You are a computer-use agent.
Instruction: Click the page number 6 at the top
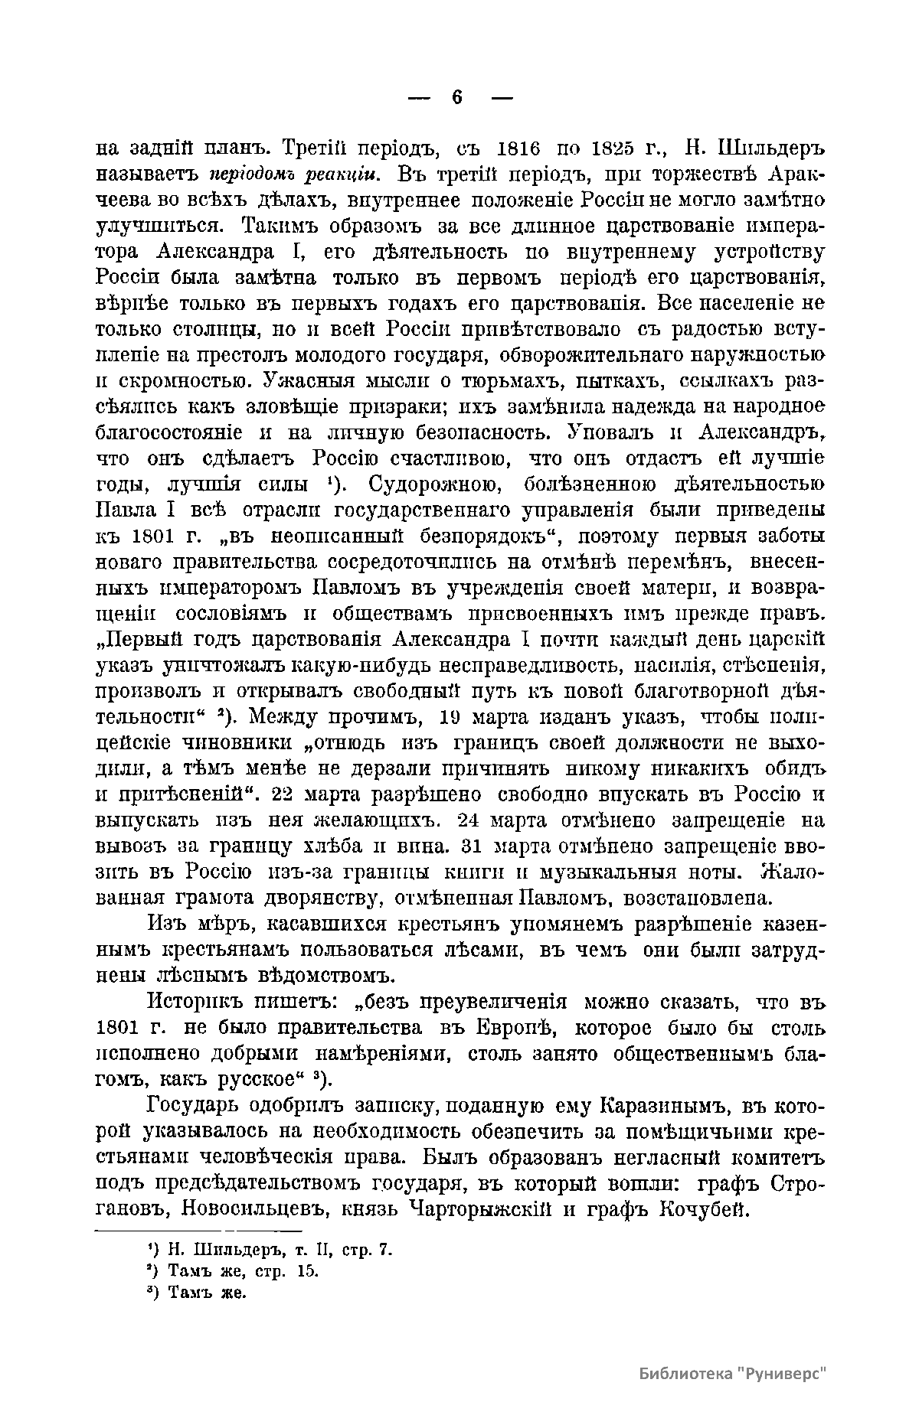(458, 97)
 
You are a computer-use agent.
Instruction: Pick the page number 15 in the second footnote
(306, 1271)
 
